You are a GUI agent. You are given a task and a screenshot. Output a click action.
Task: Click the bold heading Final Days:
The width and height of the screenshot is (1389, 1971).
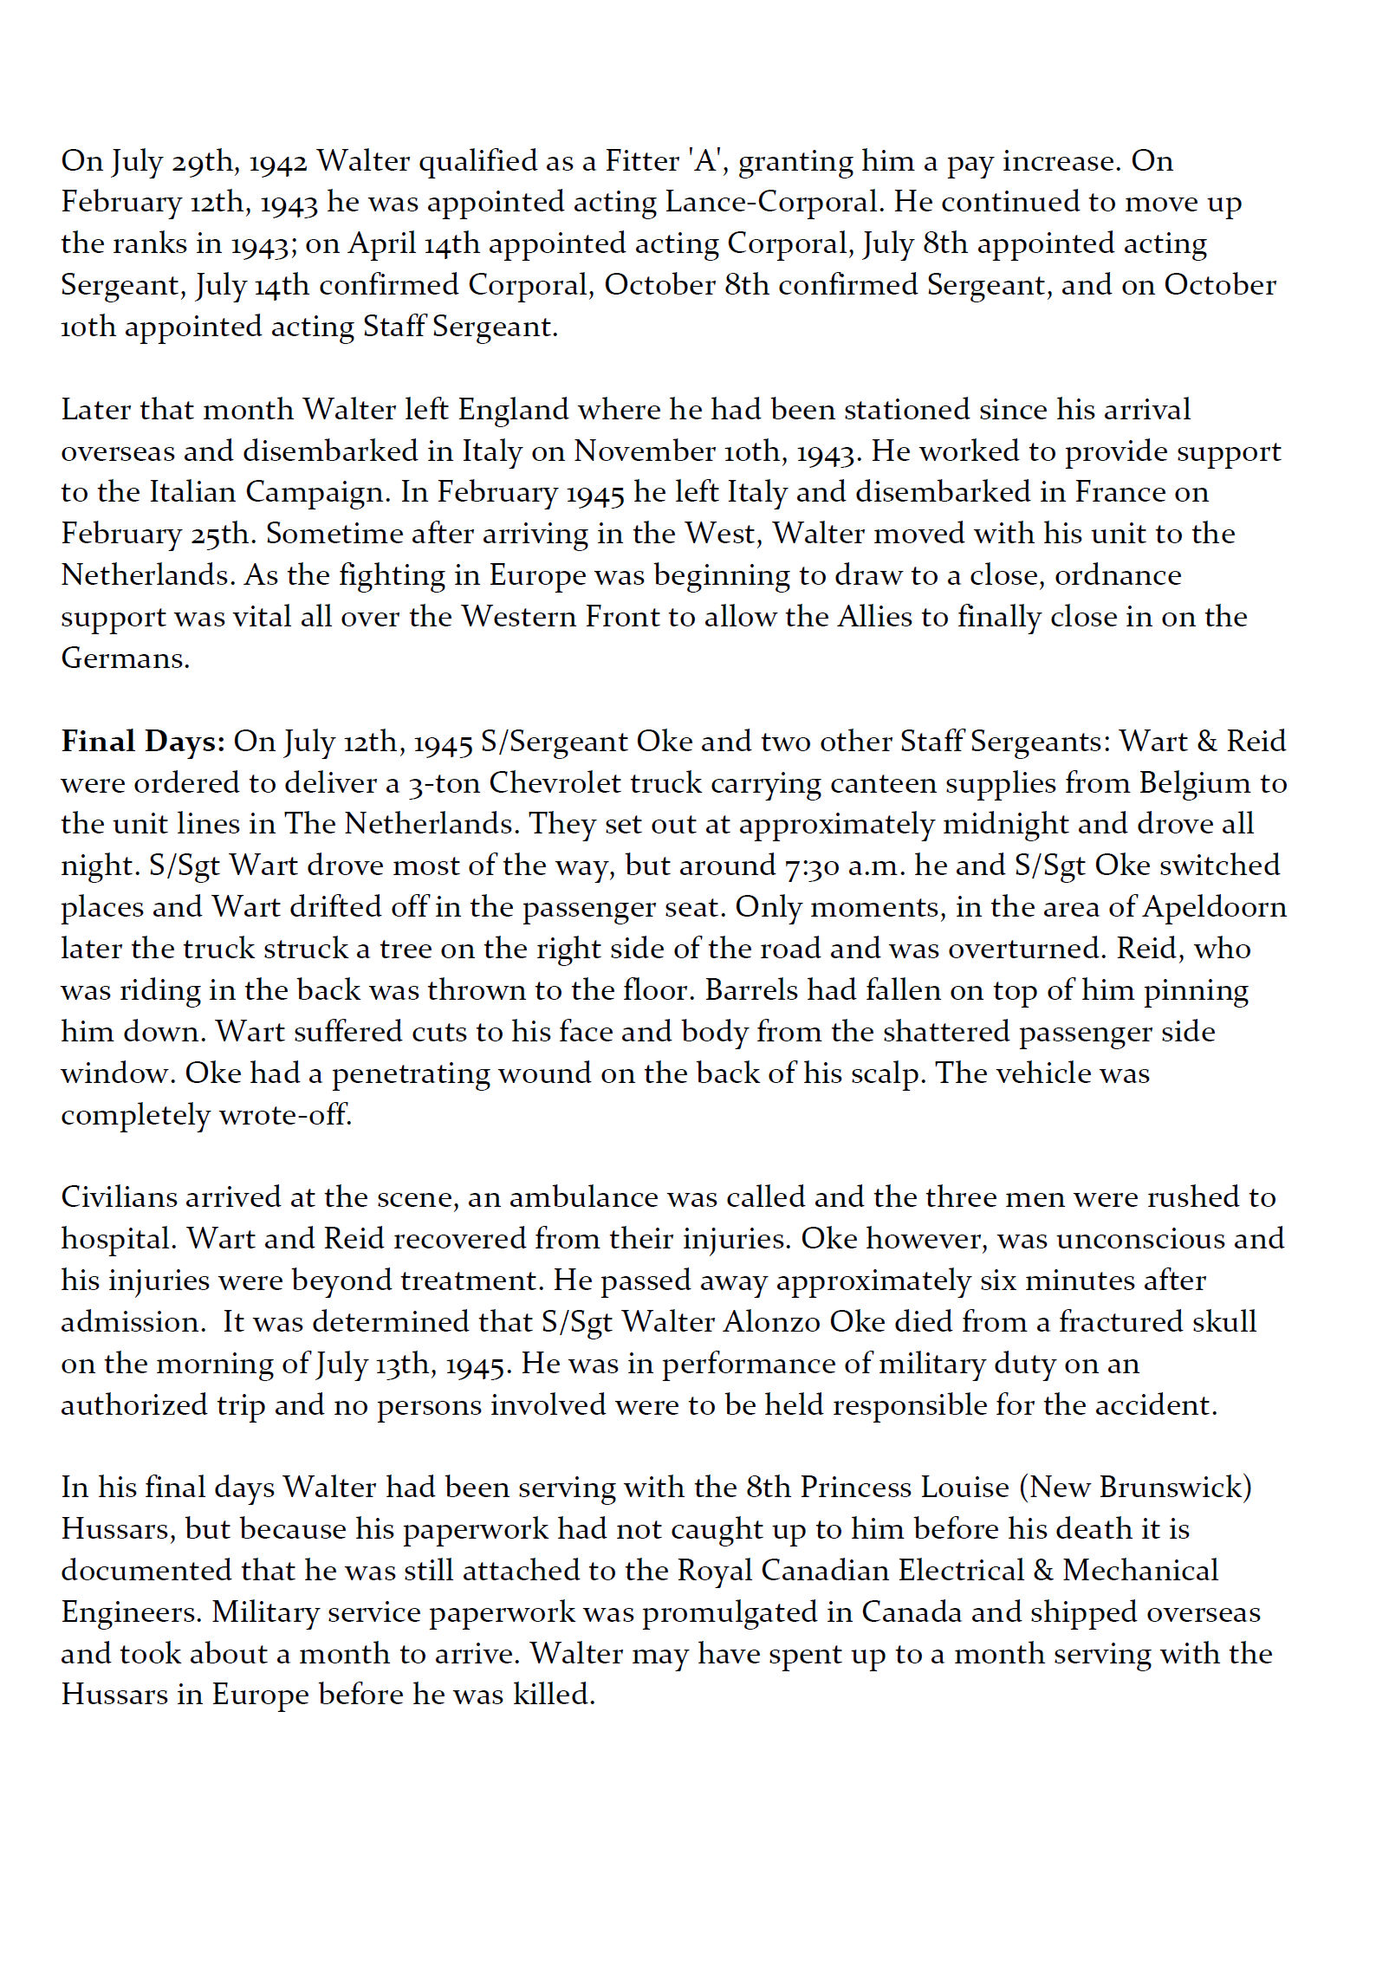point(143,742)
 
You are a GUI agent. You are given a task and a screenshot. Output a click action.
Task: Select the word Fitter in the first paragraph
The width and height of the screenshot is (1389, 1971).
point(641,161)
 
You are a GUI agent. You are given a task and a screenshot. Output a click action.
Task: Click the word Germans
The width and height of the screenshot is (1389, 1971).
point(125,658)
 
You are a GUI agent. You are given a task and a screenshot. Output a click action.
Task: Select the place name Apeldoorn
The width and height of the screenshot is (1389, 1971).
point(1215,907)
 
